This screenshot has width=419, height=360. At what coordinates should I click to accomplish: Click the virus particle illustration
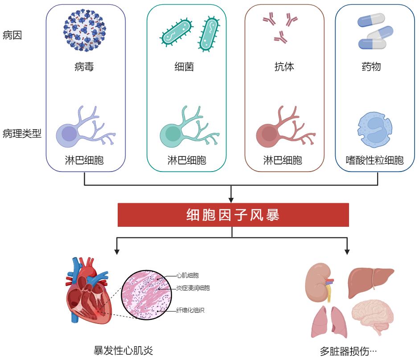click(85, 30)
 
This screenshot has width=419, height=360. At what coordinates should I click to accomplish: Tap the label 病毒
click(84, 67)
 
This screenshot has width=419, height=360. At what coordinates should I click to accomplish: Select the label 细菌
click(184, 67)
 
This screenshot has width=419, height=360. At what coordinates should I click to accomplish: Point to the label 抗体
click(284, 67)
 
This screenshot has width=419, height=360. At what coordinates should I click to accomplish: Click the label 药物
click(371, 67)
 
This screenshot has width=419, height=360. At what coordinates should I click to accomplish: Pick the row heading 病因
click(12, 35)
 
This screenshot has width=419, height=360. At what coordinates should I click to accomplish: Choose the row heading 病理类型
click(22, 133)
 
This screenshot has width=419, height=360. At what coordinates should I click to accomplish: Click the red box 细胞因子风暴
click(233, 215)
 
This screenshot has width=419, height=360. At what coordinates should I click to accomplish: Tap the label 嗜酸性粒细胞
click(375, 160)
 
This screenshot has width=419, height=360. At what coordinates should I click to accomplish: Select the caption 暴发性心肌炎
click(123, 351)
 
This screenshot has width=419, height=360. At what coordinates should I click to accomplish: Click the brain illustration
click(373, 317)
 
